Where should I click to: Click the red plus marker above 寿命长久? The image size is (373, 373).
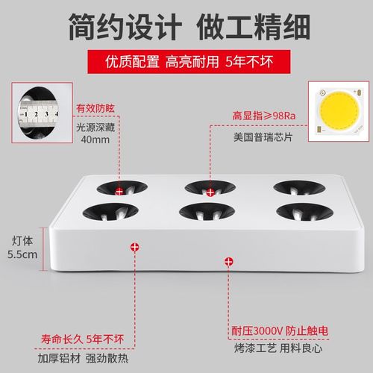134,245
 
